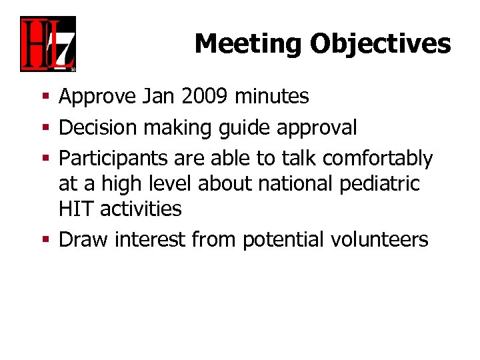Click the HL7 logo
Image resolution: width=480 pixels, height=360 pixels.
coord(47,44)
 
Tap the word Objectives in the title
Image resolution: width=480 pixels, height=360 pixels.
coord(380,44)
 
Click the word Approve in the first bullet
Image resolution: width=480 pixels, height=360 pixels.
coord(97,97)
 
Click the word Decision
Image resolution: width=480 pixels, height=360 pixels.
coord(98,127)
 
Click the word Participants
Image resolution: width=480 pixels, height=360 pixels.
coord(111,159)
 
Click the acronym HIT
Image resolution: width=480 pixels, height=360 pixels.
coord(73,209)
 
